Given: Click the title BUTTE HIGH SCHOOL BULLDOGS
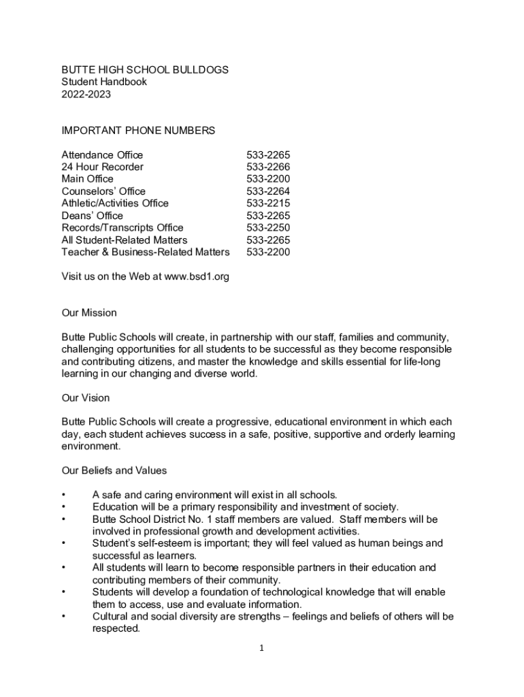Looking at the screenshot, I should (145, 69).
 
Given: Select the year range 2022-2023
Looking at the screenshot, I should (86, 95).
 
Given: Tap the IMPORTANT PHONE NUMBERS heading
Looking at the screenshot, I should (138, 130).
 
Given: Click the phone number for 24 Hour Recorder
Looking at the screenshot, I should (268, 167).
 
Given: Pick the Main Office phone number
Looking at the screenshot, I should (268, 179).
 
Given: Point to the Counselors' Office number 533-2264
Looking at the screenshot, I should (268, 191).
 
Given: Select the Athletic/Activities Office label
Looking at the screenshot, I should (115, 204).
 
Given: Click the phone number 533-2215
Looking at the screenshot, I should (268, 204).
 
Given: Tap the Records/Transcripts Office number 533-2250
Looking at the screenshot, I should (268, 228).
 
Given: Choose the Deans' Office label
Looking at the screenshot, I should (93, 216).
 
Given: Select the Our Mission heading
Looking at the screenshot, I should (89, 313).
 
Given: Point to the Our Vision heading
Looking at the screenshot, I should (86, 398).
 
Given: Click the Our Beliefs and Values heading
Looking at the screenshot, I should (114, 470).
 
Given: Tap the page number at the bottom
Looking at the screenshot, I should (261, 649).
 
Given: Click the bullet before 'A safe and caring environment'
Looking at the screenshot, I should (63, 495).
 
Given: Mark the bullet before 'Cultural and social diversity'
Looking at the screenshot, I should (63, 617).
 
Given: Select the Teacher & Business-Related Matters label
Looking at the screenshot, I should (146, 253).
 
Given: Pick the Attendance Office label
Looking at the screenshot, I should (102, 155).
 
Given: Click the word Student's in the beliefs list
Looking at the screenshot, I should (112, 543).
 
